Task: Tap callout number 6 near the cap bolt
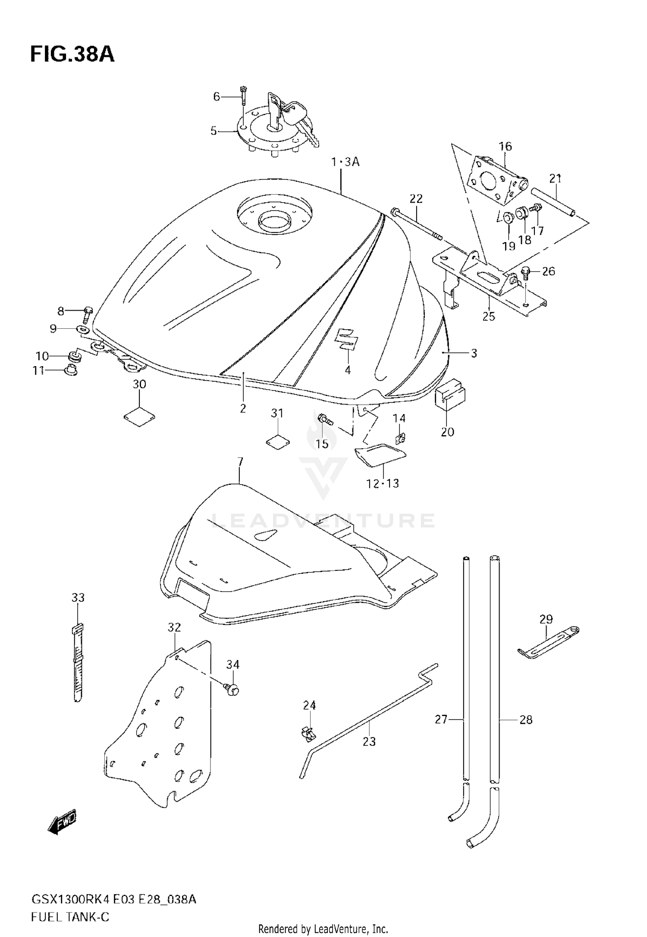tap(217, 97)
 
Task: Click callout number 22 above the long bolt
tap(416, 199)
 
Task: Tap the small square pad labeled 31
tap(278, 442)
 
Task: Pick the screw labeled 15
tap(324, 418)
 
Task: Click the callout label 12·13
tap(383, 484)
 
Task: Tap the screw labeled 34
tap(232, 690)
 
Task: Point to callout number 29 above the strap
tap(546, 619)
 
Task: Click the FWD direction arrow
tap(62, 824)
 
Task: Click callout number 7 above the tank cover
tap(240, 462)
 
